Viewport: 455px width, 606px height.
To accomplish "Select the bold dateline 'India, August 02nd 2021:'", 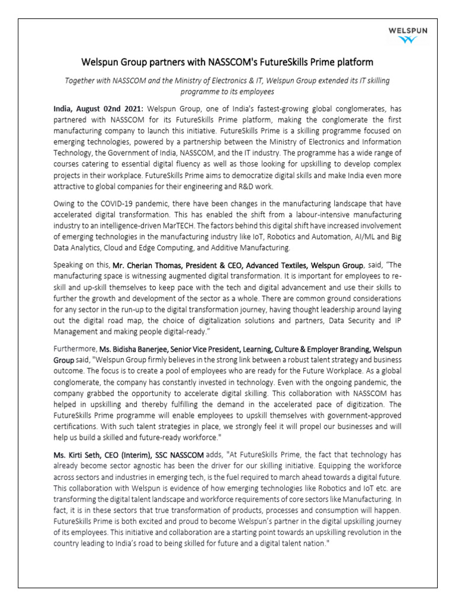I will click(x=106, y=109).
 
